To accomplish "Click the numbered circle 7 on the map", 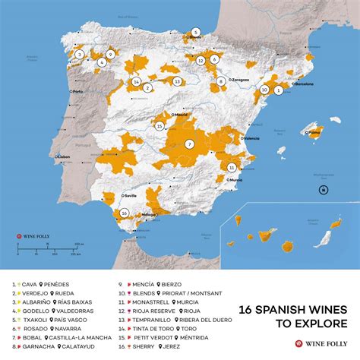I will coord(188,144).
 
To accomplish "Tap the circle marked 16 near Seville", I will coord(124,213).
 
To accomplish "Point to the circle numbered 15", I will coord(159,126).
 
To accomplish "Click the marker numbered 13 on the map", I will coord(176,81).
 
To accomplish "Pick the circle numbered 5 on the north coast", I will coord(195,32).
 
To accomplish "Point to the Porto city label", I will coord(79,92).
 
